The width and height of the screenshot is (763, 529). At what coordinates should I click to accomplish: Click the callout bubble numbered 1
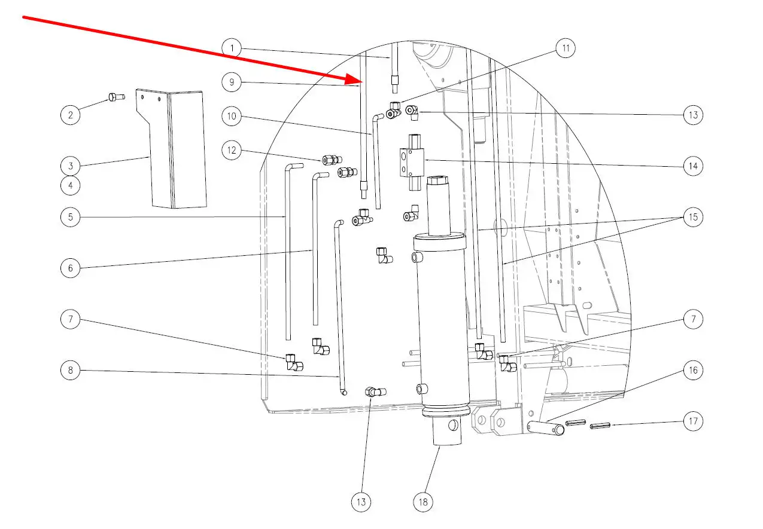point(232,48)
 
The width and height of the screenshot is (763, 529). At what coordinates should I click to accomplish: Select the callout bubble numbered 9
point(232,82)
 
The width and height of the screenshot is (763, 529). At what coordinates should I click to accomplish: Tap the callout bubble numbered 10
point(232,116)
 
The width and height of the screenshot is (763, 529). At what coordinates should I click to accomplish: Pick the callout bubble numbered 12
point(232,150)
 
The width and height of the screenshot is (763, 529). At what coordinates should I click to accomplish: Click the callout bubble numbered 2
point(70,115)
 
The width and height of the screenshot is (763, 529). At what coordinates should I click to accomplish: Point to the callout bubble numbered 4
point(70,185)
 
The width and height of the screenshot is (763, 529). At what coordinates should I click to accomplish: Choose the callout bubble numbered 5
point(70,217)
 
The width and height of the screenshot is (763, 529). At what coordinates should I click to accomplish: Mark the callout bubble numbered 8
point(70,370)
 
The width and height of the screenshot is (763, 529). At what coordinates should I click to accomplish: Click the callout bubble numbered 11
point(566,48)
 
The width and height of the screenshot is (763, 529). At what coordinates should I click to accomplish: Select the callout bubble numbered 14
point(693,166)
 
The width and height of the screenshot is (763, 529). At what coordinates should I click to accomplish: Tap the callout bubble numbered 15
point(693,217)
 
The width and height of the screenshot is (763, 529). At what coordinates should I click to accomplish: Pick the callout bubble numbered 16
point(693,370)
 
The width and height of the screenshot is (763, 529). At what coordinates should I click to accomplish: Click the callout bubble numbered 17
point(693,421)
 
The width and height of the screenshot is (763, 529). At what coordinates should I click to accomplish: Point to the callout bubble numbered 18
point(423,502)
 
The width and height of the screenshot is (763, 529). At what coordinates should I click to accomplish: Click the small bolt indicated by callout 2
point(117,97)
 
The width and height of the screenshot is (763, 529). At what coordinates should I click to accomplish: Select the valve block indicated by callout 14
point(412,162)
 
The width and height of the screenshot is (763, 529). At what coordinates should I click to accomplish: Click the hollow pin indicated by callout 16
point(546,428)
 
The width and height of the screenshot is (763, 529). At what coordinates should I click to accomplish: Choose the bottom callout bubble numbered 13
point(361,502)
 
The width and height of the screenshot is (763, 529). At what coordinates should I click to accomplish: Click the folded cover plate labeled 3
point(172,149)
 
